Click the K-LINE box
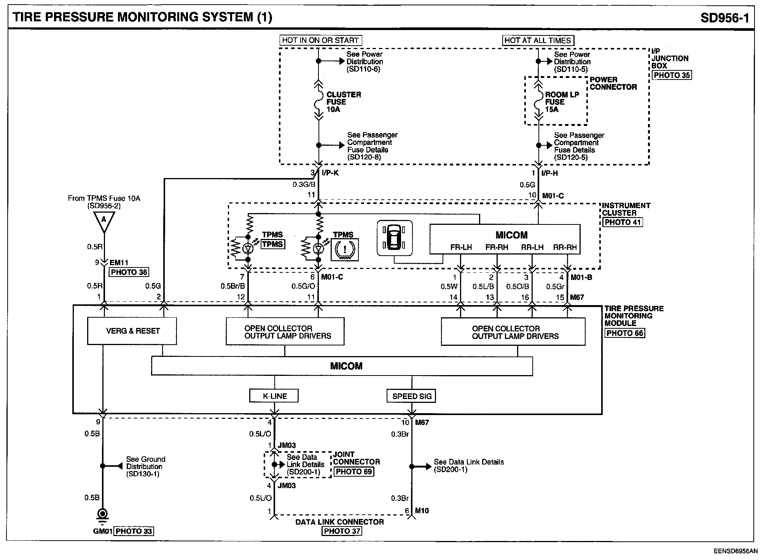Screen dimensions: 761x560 click(x=274, y=396)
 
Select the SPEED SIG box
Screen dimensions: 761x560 click(x=411, y=396)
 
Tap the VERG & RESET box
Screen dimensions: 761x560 click(x=132, y=331)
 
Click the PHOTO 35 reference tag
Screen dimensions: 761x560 click(x=672, y=75)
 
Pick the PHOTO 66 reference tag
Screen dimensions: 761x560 click(x=625, y=333)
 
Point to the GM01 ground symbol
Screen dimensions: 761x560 click(x=103, y=515)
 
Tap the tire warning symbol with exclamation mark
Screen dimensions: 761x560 click(x=345, y=250)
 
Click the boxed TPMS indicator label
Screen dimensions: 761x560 click(x=272, y=244)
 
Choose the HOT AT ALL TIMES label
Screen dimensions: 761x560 click(x=538, y=40)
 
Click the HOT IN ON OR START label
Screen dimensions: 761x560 click(x=320, y=40)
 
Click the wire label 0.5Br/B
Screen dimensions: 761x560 click(x=233, y=286)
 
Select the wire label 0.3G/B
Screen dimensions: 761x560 click(x=304, y=185)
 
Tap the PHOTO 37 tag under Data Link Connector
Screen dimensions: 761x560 click(x=342, y=531)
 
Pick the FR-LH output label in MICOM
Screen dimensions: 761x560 click(x=461, y=247)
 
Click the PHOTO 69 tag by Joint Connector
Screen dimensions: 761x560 click(x=354, y=471)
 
